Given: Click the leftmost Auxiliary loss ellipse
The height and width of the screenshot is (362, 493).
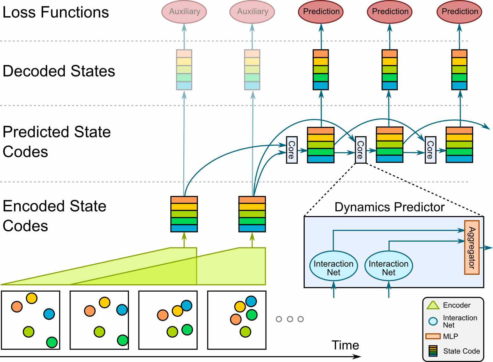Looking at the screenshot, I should point(184,12).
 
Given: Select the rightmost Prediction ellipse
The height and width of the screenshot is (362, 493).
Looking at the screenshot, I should point(459,12).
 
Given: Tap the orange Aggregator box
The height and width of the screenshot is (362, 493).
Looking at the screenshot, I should point(472,247).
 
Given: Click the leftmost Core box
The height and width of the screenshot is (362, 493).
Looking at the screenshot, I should point(292,150).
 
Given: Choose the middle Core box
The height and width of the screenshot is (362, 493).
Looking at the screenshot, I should point(361,150).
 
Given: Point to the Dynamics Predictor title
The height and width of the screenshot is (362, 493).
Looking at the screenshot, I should point(389,207).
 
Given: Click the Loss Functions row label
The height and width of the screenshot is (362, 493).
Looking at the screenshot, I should point(56,13).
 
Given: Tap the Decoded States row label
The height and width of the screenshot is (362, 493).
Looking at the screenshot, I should point(59,71).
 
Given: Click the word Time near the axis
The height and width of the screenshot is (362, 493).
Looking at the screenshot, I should point(345,345).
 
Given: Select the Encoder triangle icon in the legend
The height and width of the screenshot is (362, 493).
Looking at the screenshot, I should point(433,305).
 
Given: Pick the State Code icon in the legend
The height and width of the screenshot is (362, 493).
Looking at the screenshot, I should point(433,351).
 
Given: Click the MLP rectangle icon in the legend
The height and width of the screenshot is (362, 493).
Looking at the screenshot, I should point(433,336).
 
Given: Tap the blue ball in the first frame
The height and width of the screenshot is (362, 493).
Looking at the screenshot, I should point(49,314).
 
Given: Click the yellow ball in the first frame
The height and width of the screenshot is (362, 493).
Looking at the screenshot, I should point(32,298).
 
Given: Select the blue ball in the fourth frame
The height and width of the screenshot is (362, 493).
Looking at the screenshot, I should point(251,301).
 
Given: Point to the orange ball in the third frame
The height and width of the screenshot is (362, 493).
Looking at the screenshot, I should point(163,315).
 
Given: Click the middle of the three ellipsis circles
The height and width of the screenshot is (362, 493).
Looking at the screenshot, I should point(290,319).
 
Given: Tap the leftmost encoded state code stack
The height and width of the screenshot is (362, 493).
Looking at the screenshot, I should point(184,214).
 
